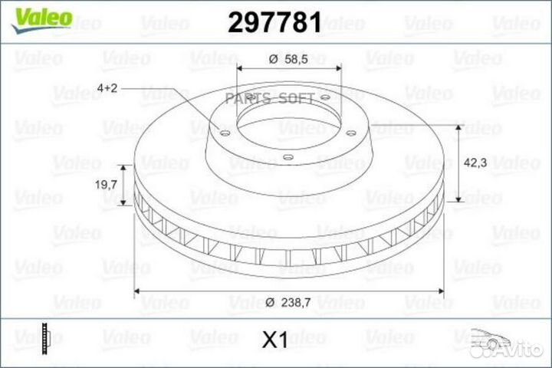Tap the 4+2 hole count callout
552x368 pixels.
coord(107,90)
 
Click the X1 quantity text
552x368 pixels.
coord(274,340)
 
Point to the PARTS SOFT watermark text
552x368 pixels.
coord(269,98)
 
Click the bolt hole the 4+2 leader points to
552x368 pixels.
coord(224,136)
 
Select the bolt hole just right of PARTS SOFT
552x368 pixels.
coord(324,97)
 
